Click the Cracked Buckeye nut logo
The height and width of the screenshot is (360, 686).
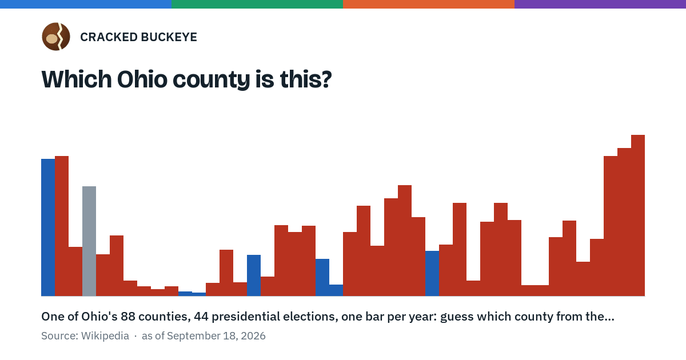point(56,37)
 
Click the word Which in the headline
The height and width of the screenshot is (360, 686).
point(77,79)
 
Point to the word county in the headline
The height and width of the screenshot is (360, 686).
point(212,80)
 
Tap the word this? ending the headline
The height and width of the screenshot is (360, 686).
point(306,79)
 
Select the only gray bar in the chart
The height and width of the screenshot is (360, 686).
point(89,241)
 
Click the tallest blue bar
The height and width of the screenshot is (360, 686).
point(48,227)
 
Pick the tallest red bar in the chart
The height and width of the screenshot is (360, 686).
point(638,215)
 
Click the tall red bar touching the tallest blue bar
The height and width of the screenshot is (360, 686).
point(62,226)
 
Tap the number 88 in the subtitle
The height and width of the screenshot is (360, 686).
point(128,317)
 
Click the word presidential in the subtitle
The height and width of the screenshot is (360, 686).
point(244,317)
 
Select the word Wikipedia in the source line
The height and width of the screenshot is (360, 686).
point(105,336)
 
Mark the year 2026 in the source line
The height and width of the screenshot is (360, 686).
point(253,336)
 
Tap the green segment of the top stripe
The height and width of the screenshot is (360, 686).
point(257,4)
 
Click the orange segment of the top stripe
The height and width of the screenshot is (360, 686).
point(429,4)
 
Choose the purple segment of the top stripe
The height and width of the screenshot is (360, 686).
point(600,4)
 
